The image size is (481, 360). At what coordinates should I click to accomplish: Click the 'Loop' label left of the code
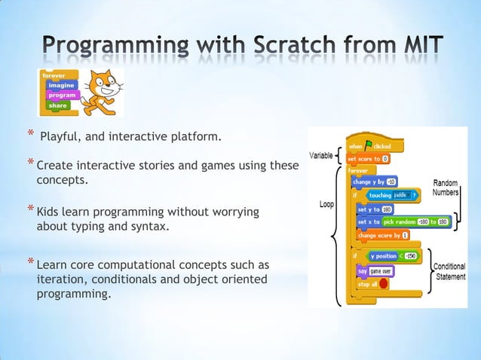tap(326, 205)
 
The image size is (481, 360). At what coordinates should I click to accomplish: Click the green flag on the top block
tap(369, 146)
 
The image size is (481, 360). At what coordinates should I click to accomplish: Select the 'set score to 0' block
tap(367, 159)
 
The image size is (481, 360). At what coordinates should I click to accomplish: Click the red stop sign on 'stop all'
tap(384, 284)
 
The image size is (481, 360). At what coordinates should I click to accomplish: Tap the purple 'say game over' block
tap(374, 270)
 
